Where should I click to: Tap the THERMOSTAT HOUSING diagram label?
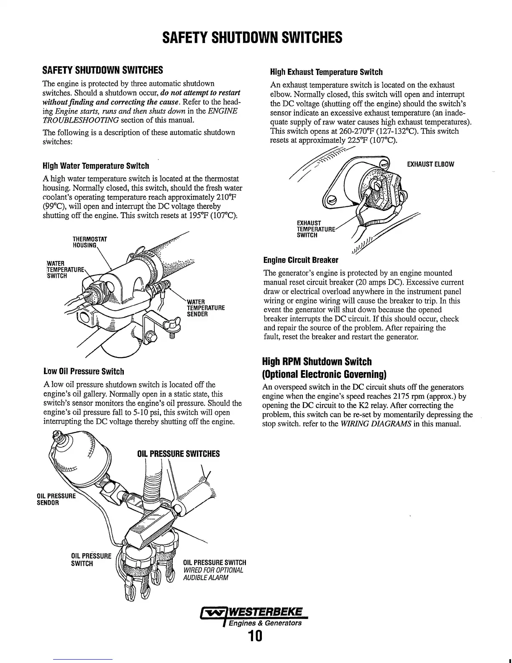click(90, 242)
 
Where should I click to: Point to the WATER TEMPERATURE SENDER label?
click(205, 308)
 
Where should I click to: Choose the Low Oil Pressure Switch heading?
click(84, 371)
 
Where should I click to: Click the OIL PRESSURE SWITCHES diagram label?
click(178, 454)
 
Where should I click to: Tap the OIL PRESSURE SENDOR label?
click(56, 500)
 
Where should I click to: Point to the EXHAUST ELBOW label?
click(430, 164)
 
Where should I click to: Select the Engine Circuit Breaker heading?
click(301, 260)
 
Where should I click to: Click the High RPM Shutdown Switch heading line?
click(317, 361)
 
